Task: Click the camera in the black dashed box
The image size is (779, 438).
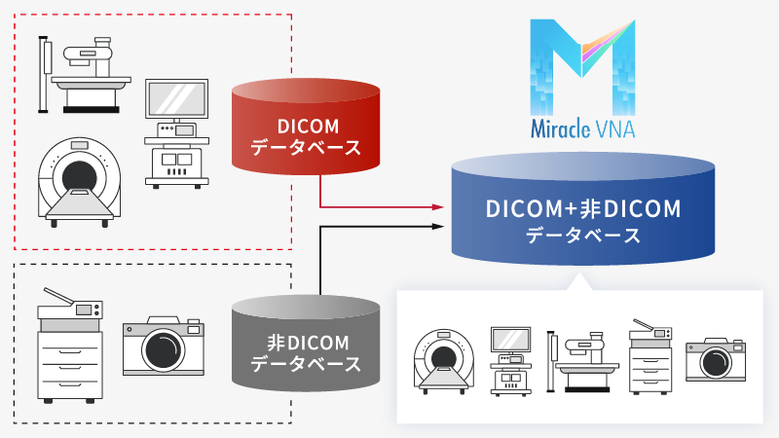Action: click(163, 346)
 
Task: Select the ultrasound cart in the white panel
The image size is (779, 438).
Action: click(509, 356)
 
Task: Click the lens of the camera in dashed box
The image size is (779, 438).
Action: click(163, 351)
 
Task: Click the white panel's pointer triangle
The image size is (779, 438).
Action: click(582, 281)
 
